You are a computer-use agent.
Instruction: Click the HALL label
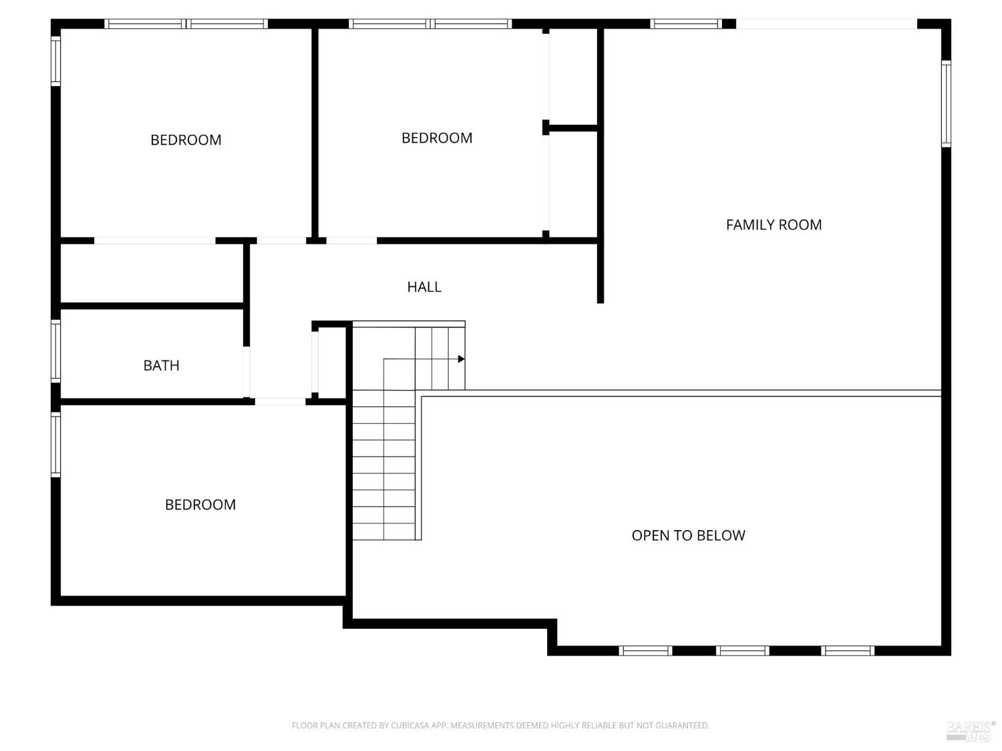(424, 287)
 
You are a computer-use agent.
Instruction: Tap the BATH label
(161, 365)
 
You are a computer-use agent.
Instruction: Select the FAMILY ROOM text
(774, 224)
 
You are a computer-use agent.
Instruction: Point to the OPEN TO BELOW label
(689, 535)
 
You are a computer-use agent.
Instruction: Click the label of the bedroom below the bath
(200, 504)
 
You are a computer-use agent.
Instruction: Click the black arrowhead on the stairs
(461, 359)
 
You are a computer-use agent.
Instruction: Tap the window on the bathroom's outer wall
(55, 351)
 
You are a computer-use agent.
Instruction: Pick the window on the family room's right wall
(947, 104)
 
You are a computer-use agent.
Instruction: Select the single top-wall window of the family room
(686, 24)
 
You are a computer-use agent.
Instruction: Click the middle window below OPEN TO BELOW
(742, 651)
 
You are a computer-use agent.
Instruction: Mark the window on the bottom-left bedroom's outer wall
(55, 445)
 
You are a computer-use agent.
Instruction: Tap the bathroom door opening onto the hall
(246, 372)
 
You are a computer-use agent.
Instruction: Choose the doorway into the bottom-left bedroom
(281, 402)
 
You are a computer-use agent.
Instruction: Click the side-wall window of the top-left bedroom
(55, 61)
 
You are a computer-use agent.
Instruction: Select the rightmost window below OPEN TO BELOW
(848, 651)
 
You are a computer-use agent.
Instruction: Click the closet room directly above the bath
(152, 273)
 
